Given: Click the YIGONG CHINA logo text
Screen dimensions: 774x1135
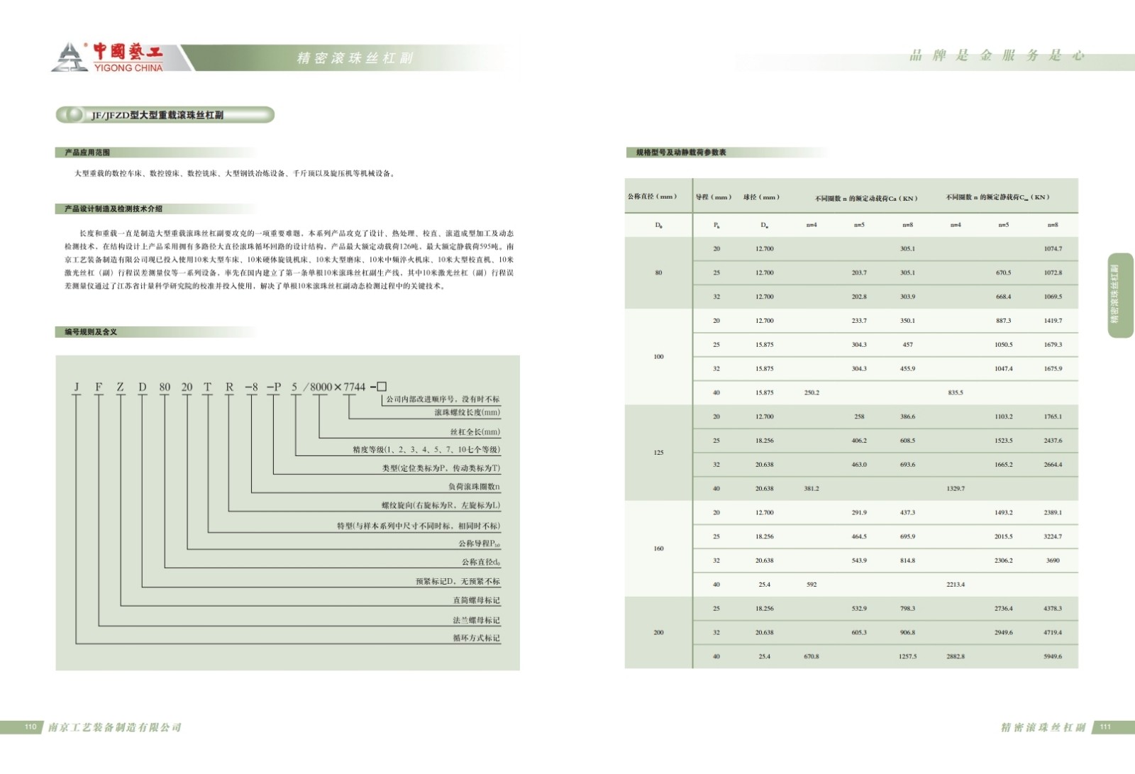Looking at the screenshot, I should [128, 67].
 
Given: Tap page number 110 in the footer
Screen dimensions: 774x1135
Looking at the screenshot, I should [31, 726].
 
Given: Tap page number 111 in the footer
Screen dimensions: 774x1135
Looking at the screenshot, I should [1105, 726].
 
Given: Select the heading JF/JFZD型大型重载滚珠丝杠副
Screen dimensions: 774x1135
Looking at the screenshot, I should [157, 115].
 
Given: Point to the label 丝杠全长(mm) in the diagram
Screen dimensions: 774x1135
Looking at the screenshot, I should [475, 431].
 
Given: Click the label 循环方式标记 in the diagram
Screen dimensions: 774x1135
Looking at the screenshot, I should [476, 638].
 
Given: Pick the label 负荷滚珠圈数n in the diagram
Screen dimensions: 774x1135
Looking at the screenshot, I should [474, 487].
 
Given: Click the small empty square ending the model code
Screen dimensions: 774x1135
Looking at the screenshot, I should [382, 387].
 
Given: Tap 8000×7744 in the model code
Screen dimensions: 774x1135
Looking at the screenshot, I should [338, 387].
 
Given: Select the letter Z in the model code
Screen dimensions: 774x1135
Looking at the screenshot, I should [121, 387].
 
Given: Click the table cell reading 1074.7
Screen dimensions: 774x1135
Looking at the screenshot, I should [1053, 249].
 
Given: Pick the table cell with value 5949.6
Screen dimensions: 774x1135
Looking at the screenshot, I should [1053, 656].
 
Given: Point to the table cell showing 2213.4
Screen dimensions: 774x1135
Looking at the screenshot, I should [956, 585].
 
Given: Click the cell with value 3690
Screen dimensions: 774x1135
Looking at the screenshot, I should [1053, 560].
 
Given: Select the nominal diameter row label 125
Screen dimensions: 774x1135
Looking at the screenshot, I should [658, 453].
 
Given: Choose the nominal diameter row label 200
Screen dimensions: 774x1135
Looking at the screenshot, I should [658, 632].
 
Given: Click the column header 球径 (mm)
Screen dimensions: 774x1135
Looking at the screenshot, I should [761, 197].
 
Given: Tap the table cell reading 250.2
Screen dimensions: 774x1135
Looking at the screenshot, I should [812, 392].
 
